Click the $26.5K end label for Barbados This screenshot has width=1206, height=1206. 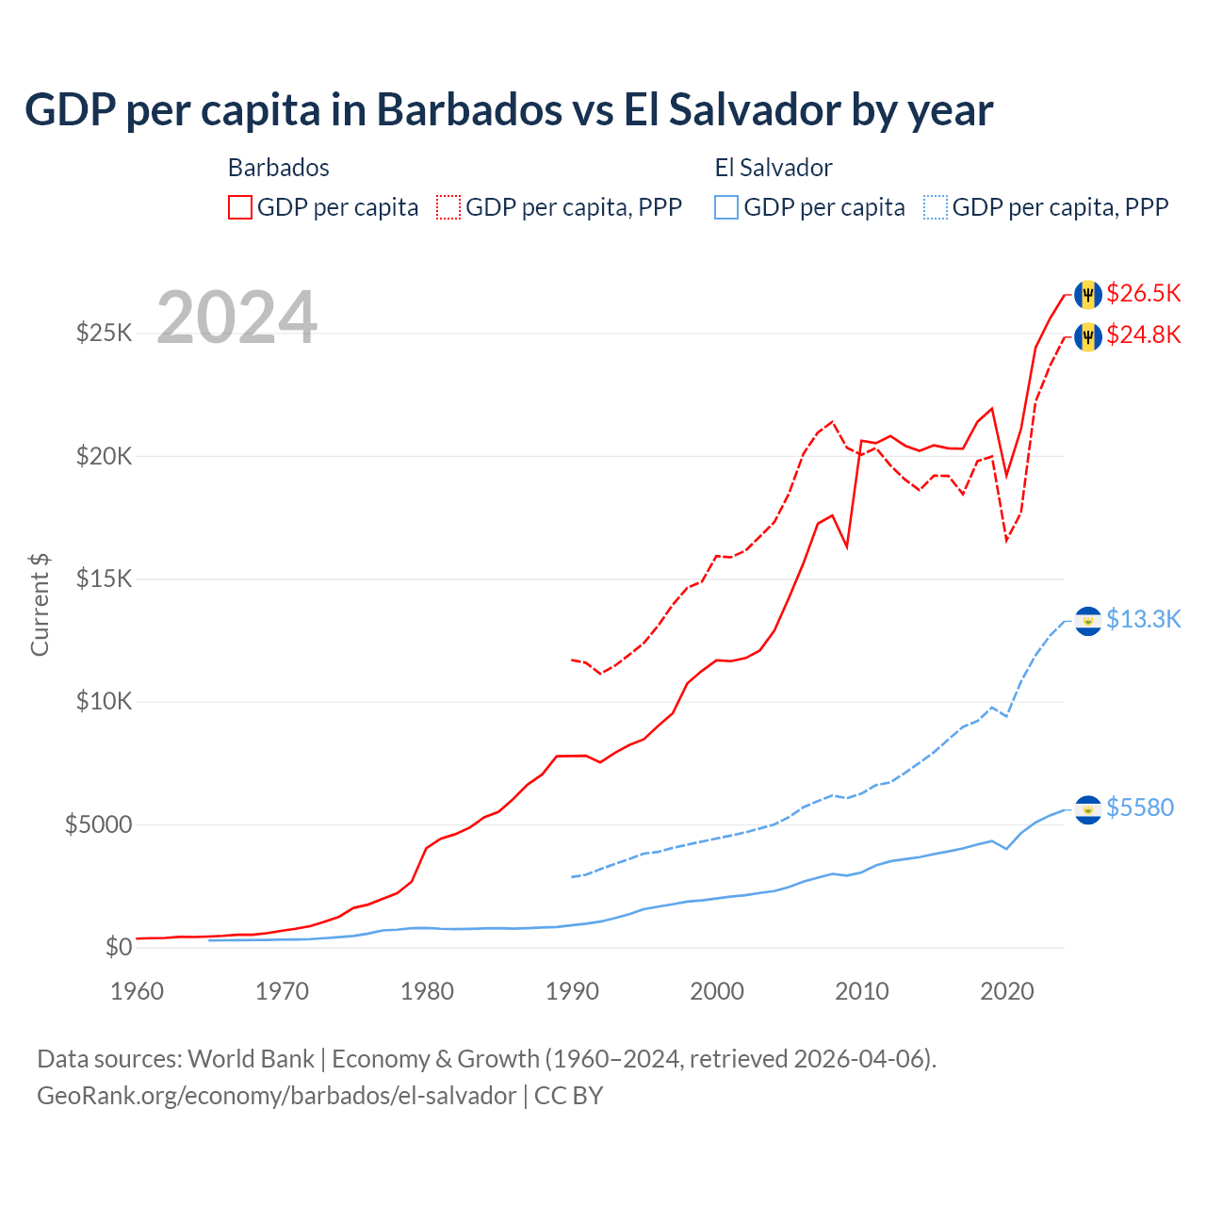point(1143,293)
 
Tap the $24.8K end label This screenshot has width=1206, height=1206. point(1143,334)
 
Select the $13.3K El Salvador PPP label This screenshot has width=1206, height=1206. point(1143,619)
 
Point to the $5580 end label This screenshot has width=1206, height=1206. point(1139,807)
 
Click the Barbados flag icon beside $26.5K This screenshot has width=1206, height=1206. point(1088,294)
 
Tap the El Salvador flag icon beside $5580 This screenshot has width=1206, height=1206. point(1088,809)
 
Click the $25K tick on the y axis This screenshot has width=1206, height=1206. point(104,333)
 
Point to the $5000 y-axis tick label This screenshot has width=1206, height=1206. point(98,824)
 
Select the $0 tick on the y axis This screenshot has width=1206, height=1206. point(118,947)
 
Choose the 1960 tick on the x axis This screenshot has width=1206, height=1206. point(138,991)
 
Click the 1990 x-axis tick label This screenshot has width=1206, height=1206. point(572,991)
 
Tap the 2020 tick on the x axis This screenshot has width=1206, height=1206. point(1007,991)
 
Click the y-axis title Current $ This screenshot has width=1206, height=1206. point(40,605)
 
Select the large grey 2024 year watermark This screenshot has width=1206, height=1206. point(236,318)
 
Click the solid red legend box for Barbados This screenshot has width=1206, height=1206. point(240,207)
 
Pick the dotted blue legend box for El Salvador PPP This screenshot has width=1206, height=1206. point(936,207)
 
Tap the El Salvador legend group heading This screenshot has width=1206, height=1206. point(774,168)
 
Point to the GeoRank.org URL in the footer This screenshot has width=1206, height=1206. point(276,1096)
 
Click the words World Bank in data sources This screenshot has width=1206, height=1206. point(252,1059)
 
